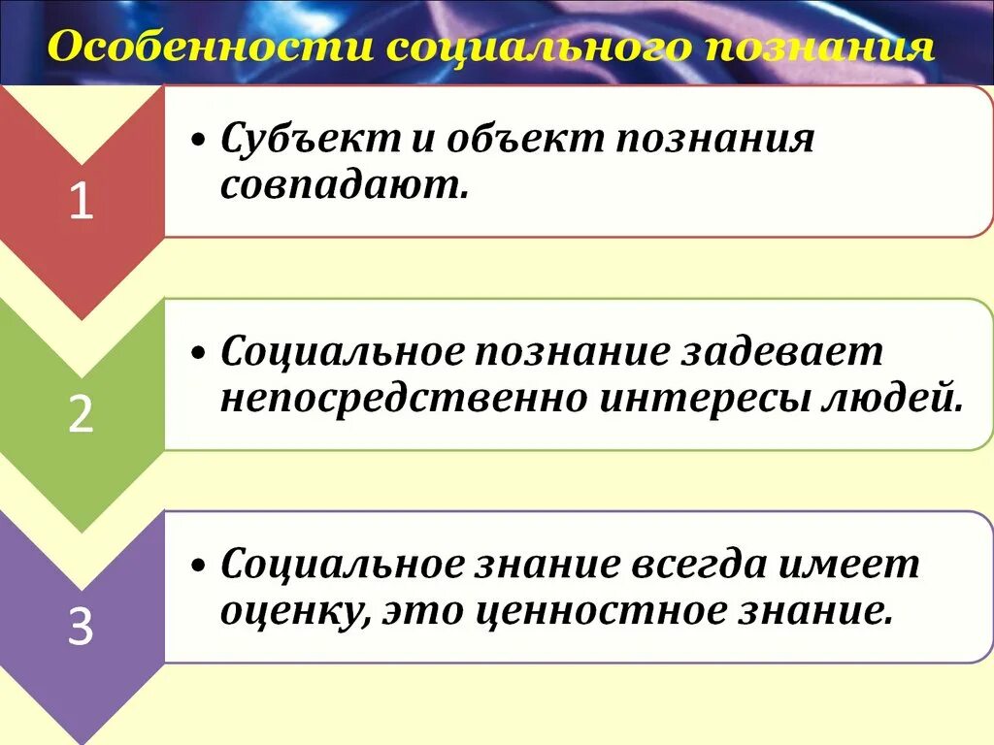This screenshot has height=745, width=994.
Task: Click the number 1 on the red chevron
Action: point(82,203)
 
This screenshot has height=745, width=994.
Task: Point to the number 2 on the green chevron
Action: point(82,415)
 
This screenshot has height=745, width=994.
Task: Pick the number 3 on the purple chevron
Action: point(82,629)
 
